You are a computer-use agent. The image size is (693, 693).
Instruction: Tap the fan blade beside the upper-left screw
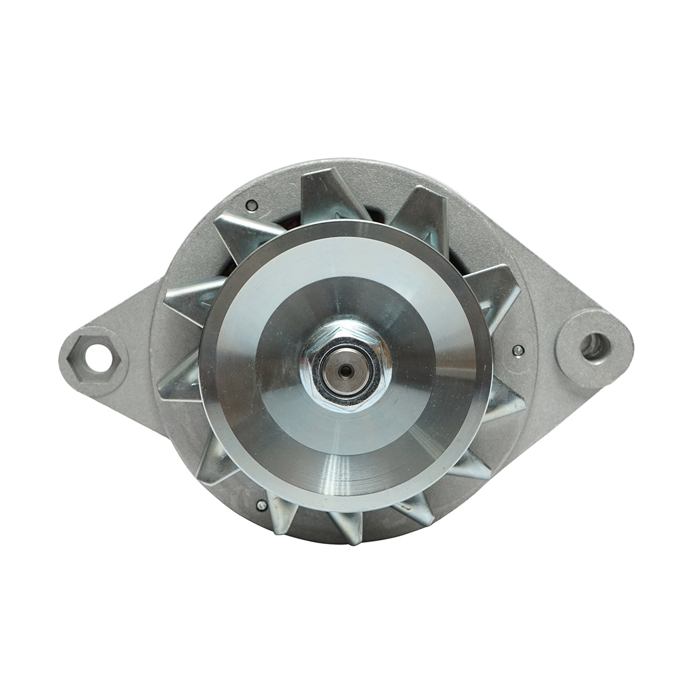[243, 231]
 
